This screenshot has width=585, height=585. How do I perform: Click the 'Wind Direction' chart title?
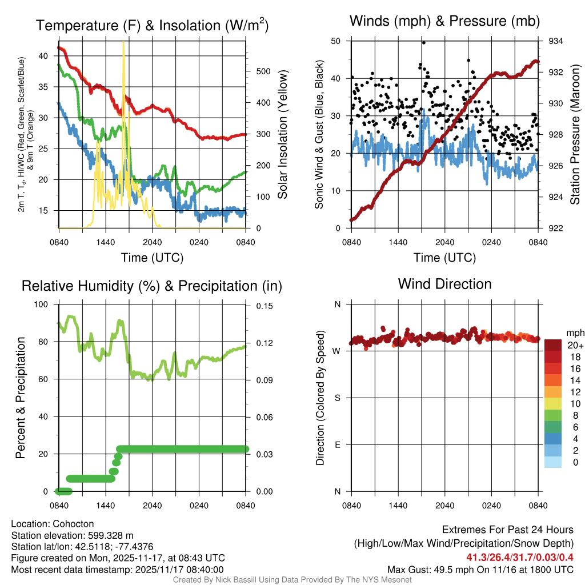(444, 284)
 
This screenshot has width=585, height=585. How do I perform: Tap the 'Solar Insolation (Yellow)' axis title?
(282, 134)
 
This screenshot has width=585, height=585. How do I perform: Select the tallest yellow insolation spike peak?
(123, 43)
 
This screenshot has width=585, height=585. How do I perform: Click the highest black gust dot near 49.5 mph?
(423, 42)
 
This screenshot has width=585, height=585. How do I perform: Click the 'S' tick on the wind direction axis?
(337, 398)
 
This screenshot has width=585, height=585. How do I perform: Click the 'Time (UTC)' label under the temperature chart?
(152, 258)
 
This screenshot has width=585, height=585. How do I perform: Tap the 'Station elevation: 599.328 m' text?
(72, 535)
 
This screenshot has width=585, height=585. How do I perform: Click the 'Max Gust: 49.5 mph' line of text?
(480, 569)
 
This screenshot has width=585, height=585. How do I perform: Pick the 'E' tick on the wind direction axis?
(337, 444)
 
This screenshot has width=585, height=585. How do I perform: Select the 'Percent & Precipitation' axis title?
(21, 398)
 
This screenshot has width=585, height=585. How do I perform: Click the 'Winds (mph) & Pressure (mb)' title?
(444, 21)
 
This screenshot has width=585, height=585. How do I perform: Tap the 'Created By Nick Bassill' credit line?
(292, 580)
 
